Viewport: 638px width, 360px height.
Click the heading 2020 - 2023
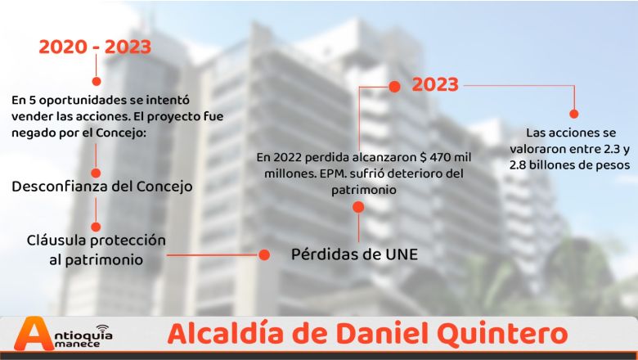point(95,47)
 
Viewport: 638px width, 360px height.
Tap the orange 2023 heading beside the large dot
point(435,84)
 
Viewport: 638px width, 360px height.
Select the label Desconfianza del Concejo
point(102,187)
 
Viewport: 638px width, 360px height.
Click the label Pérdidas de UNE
point(354,254)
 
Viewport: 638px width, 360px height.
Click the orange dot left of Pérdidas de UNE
point(264,255)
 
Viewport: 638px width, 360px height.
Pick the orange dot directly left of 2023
point(394,87)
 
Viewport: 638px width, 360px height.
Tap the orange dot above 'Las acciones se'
point(573,114)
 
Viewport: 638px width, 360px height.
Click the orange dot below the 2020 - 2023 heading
point(97,81)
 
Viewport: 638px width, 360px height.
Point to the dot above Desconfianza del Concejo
point(96,173)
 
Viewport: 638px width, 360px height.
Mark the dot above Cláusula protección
point(96,227)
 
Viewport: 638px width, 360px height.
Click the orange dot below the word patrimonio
point(358,207)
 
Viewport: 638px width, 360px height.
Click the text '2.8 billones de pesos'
point(569,165)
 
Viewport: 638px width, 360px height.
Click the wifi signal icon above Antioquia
point(103,326)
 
